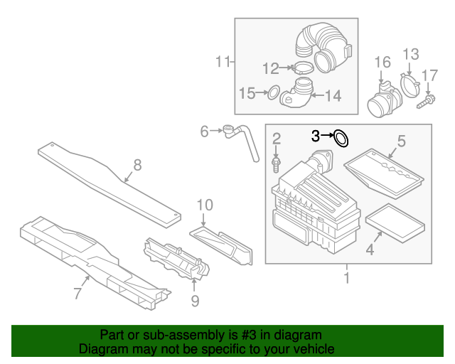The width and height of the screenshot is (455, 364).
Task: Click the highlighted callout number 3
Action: tap(316, 134)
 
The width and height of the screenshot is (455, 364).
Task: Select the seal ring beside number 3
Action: tap(341, 137)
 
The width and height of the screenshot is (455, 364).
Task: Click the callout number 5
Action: tap(401, 141)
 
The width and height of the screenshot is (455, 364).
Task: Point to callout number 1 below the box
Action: tap(347, 277)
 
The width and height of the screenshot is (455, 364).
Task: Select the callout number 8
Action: tap(137, 165)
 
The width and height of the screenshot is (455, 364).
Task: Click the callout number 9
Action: tap(194, 301)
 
